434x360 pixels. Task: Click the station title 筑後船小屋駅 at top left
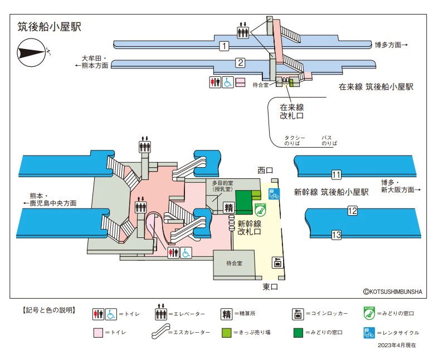[49, 26]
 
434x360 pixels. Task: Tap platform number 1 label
[224, 46]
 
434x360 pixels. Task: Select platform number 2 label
[240, 62]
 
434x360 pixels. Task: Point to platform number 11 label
[336, 175]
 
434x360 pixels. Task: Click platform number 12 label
[352, 211]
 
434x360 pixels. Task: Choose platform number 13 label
[336, 235]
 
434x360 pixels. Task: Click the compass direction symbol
[34, 52]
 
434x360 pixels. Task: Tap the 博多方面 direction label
[392, 45]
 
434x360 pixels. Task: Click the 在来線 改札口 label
[292, 111]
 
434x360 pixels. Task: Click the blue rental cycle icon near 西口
[274, 194]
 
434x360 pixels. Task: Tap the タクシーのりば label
[295, 140]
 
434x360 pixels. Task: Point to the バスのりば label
[326, 140]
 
